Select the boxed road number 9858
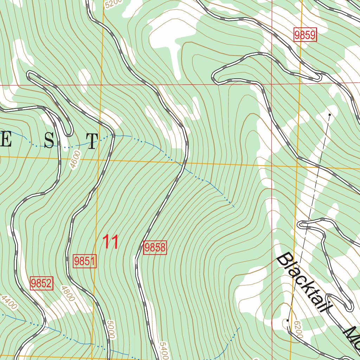pos(155,247)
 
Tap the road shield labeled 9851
pos(85,261)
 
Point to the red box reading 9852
pos(41,283)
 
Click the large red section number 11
pos(110,243)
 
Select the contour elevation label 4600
pos(75,160)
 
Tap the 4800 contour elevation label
pos(68,294)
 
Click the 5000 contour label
pos(110,329)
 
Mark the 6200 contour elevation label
pos(297,329)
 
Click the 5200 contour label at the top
pos(113,4)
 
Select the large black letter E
pos(6,141)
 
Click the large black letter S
pos(49,141)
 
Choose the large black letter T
pos(91,141)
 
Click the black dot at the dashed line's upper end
pos(329,115)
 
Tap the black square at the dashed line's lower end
pos(288,321)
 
